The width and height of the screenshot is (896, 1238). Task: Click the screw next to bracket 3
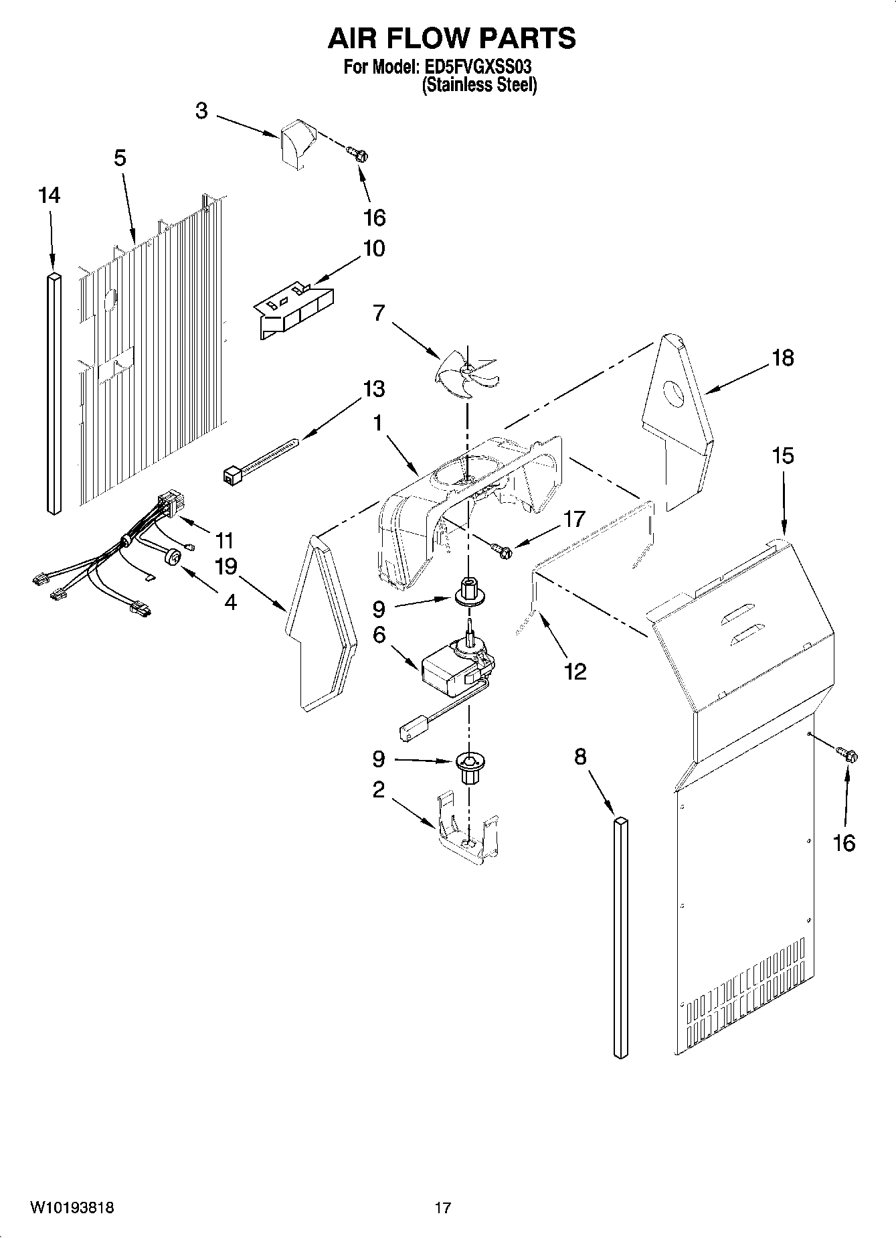click(358, 155)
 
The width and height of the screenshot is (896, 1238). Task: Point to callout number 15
click(782, 456)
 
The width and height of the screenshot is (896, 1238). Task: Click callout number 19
click(226, 566)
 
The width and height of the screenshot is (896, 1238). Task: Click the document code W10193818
click(72, 1207)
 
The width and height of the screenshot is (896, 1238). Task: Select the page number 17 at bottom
click(442, 1207)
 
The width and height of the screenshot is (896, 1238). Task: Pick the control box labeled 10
click(294, 309)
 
